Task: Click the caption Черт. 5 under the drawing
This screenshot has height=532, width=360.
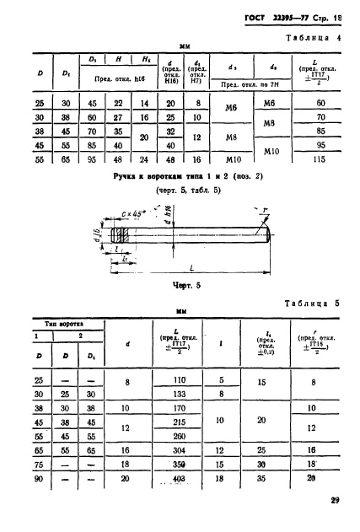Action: [x=178, y=285]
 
